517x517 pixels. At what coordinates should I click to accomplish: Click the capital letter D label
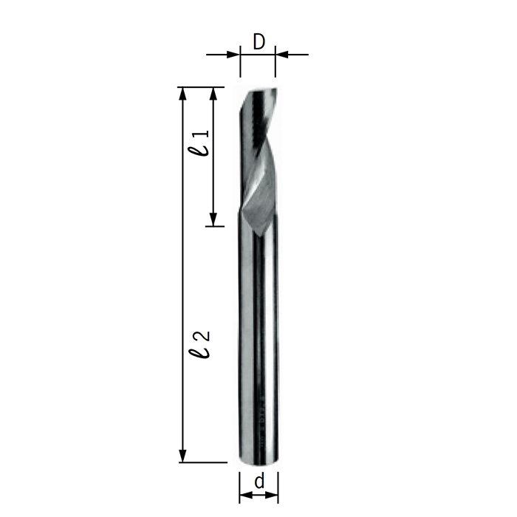[258, 42]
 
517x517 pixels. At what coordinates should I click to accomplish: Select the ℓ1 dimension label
[199, 142]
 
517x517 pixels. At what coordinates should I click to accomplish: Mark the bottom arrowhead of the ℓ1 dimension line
[213, 219]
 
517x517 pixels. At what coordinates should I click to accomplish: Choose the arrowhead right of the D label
[281, 53]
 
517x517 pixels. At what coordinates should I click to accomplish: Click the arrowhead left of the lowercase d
[244, 496]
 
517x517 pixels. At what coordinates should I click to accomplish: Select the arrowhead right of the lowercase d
[274, 496]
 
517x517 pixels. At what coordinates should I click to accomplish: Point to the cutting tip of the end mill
[258, 90]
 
